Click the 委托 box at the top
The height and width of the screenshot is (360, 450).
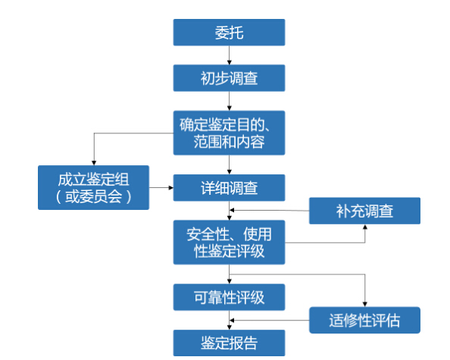(229, 33)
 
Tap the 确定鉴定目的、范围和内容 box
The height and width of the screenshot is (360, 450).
(229, 132)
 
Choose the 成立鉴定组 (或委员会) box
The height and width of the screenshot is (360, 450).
(93, 187)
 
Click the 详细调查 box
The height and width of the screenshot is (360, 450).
(229, 187)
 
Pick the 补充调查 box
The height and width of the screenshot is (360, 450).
(364, 211)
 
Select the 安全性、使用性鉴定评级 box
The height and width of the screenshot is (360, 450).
(229, 242)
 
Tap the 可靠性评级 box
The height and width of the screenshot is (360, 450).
(229, 297)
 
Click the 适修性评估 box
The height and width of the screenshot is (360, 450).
(364, 319)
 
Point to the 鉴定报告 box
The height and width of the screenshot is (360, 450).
(229, 343)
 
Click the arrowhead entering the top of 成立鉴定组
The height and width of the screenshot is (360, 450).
(93, 161)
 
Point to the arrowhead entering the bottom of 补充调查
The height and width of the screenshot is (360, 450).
(364, 228)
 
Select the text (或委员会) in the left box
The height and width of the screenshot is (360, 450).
(93, 197)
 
